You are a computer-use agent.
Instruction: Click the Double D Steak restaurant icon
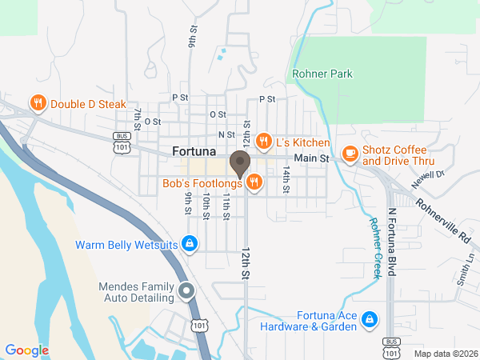click(37, 103)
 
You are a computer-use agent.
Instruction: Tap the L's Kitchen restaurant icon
click(262, 142)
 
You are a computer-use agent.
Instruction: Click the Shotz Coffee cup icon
click(350, 152)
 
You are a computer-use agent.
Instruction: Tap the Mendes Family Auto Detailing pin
click(186, 291)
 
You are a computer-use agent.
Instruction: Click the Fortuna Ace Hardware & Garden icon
click(369, 320)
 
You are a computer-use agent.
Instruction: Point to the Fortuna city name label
click(194, 150)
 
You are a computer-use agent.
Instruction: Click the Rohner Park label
click(322, 74)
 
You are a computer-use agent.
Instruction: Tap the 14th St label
click(285, 180)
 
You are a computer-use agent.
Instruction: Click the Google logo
click(26, 350)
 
